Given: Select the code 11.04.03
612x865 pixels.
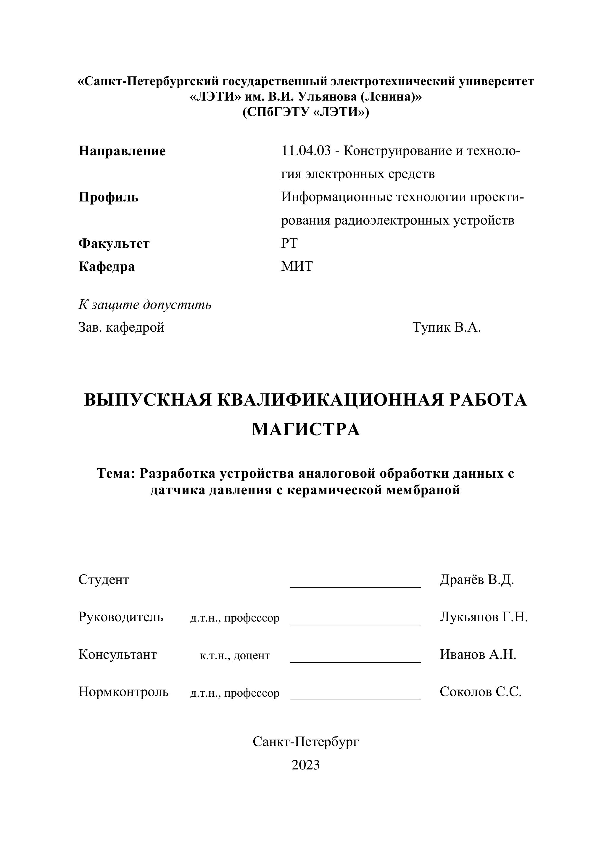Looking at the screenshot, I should (x=306, y=151).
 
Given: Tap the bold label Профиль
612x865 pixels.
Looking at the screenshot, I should (x=109, y=197).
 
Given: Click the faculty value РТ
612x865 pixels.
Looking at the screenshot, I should (x=289, y=243).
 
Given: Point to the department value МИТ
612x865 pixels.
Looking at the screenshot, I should (x=297, y=266).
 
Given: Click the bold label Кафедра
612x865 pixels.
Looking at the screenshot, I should (x=107, y=267).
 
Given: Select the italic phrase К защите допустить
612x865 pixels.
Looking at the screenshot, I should (x=145, y=304).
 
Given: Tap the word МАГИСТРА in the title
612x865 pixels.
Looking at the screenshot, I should (x=306, y=429).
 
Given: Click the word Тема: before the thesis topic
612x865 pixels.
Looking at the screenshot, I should (x=116, y=473).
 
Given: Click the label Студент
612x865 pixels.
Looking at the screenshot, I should (x=104, y=580).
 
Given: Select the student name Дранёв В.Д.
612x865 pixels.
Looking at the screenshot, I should (x=477, y=580).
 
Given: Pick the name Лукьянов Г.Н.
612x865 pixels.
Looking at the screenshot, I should (x=484, y=617).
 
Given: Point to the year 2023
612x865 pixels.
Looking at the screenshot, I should (x=306, y=765).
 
